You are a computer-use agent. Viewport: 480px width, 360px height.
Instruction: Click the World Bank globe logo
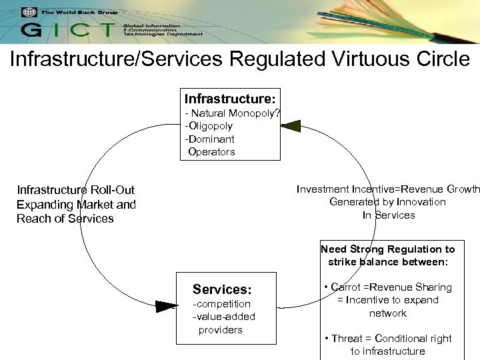[29, 12]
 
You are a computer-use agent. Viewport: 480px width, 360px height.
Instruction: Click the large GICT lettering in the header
[67, 29]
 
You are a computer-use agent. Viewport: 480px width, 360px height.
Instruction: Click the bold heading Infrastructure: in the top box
[230, 98]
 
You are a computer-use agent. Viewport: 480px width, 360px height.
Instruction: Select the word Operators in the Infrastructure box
[211, 152]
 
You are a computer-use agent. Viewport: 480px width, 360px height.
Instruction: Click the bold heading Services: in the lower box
[222, 289]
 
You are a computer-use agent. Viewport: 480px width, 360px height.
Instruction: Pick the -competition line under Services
[221, 304]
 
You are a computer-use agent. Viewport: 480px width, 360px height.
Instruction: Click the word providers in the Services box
[221, 330]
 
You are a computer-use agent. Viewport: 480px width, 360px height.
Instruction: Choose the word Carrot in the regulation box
[345, 287]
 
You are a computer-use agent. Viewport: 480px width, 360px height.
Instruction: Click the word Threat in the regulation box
[347, 339]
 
